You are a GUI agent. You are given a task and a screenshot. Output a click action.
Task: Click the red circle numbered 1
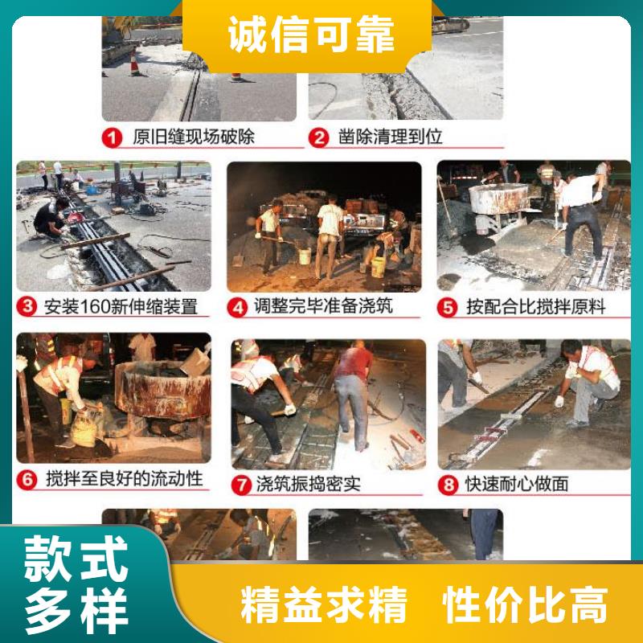coord(112,137)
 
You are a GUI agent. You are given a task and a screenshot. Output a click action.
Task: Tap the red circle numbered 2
coord(318,137)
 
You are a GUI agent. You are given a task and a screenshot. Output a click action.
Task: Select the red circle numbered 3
coord(27,306)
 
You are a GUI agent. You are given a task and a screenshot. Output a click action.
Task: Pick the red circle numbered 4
coord(237,307)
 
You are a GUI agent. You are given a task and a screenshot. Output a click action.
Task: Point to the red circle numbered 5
coord(448,307)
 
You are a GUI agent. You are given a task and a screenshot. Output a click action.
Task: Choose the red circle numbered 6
coord(27,479)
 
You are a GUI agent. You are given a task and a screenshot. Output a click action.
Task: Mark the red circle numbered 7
coord(241,485)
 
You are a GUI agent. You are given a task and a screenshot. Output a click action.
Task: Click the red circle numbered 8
coord(448,485)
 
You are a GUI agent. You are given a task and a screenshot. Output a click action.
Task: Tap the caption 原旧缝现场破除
coord(194,137)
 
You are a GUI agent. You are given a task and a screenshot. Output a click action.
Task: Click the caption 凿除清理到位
coord(391,137)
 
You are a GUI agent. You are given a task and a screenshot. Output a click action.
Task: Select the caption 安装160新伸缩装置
coord(121,306)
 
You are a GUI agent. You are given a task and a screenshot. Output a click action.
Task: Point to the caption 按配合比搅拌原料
coord(536,307)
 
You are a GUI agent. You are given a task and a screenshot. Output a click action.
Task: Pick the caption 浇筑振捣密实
coord(309,485)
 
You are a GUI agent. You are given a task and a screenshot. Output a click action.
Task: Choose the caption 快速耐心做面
coord(517,485)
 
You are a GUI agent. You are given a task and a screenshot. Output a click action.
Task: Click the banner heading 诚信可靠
coord(311,35)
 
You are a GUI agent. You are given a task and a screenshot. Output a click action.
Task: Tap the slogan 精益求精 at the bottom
coord(324,605)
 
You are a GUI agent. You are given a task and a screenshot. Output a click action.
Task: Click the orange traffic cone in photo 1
coord(134,63)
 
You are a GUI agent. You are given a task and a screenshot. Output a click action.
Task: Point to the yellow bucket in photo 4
coord(378,268)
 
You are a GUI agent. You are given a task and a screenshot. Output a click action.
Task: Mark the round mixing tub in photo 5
coord(498,199)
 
